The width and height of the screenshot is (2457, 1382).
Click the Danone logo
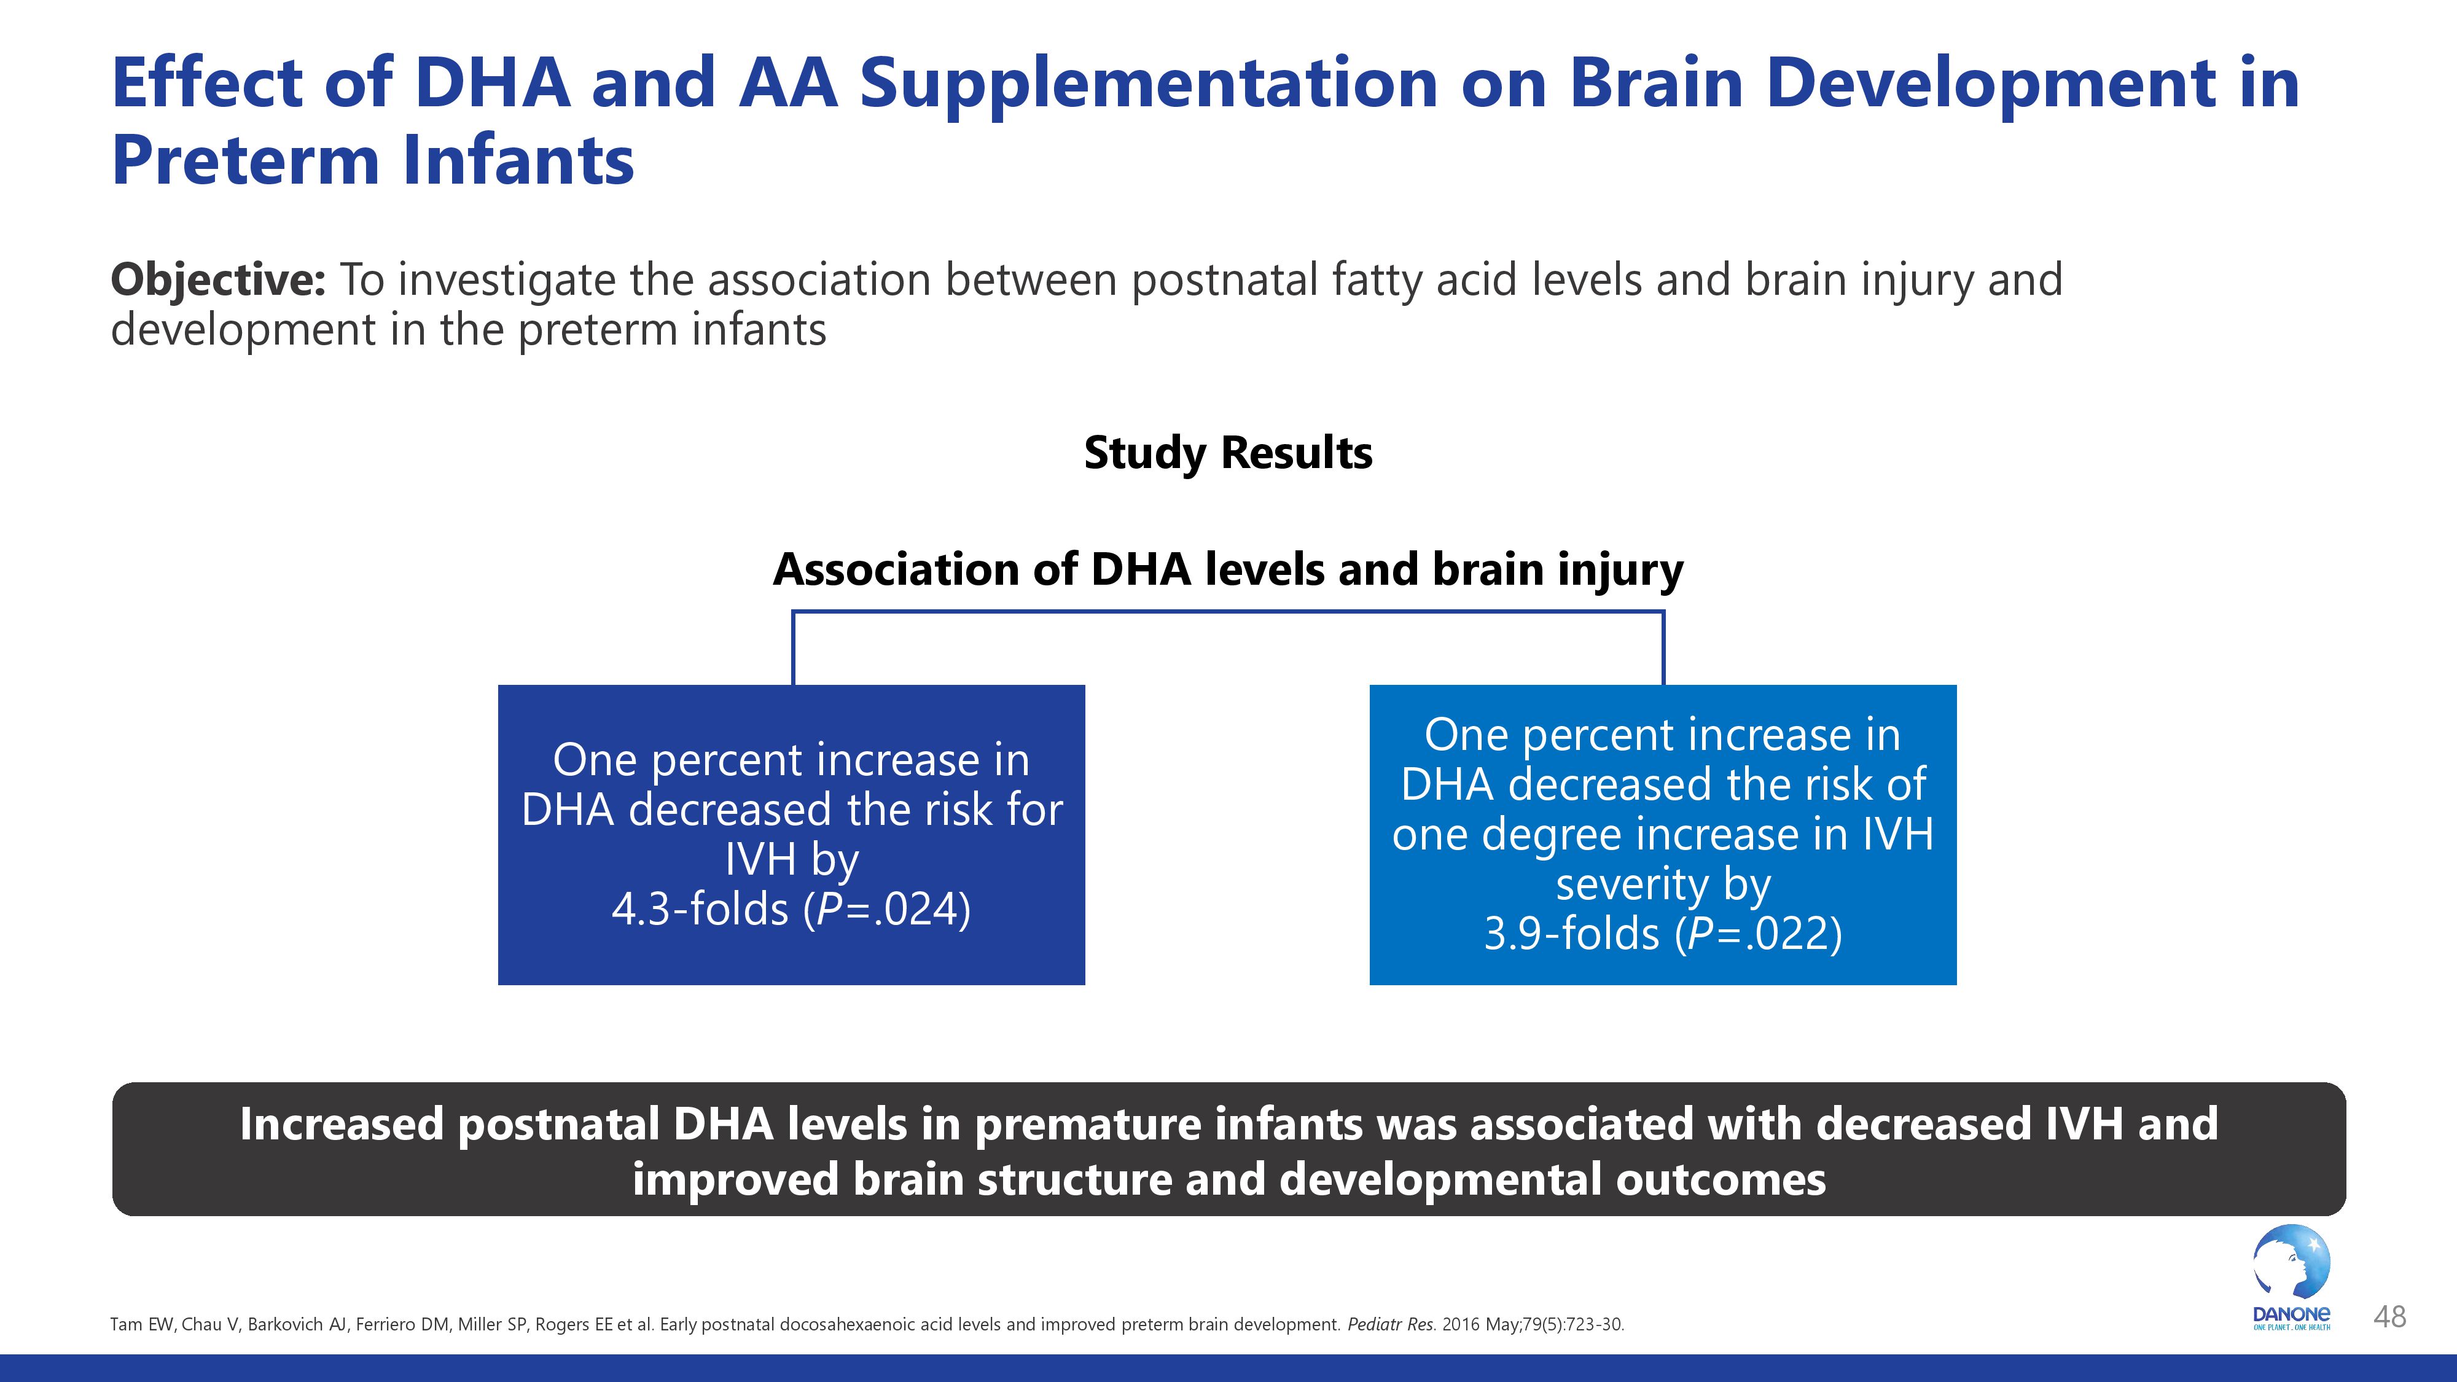[2291, 1277]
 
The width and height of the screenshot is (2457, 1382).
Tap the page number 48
[2389, 1317]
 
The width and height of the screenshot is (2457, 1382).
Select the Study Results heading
[1227, 453]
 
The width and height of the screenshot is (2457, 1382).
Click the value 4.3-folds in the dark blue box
[700, 909]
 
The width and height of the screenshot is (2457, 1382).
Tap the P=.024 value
[887, 909]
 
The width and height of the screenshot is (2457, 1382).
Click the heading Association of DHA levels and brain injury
[1227, 569]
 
